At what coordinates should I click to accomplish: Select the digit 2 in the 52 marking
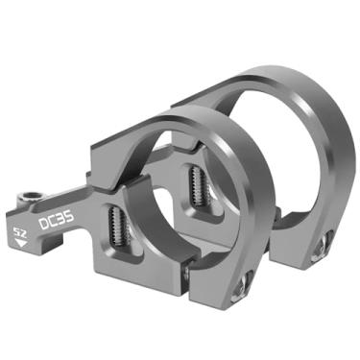pos(25,231)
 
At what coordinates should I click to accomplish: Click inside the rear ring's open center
pos(278,154)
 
